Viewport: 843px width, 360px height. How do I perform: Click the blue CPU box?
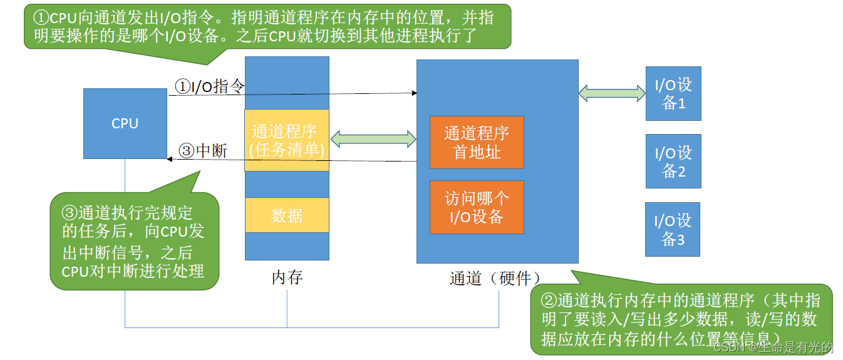125,123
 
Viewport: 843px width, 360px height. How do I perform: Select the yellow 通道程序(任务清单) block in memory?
287,140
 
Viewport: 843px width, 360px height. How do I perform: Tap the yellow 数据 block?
287,215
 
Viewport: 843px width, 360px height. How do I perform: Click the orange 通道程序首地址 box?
477,142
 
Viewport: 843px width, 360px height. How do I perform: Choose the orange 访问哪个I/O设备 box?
477,207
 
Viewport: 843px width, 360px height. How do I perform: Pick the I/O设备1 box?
673,93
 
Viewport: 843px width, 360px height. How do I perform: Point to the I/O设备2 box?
673,161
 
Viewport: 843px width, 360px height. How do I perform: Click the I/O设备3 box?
673,229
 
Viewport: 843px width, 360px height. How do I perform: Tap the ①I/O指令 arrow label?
209,86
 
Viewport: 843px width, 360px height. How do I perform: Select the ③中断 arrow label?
203,151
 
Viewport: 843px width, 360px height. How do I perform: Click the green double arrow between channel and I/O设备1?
612,93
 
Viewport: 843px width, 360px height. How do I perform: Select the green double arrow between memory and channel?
373,138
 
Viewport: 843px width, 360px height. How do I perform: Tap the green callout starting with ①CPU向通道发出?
267,26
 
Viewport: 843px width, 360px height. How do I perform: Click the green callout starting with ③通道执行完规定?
134,242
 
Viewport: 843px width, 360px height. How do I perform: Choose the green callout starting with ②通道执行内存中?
681,319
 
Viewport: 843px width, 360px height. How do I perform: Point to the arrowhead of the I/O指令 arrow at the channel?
415,93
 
